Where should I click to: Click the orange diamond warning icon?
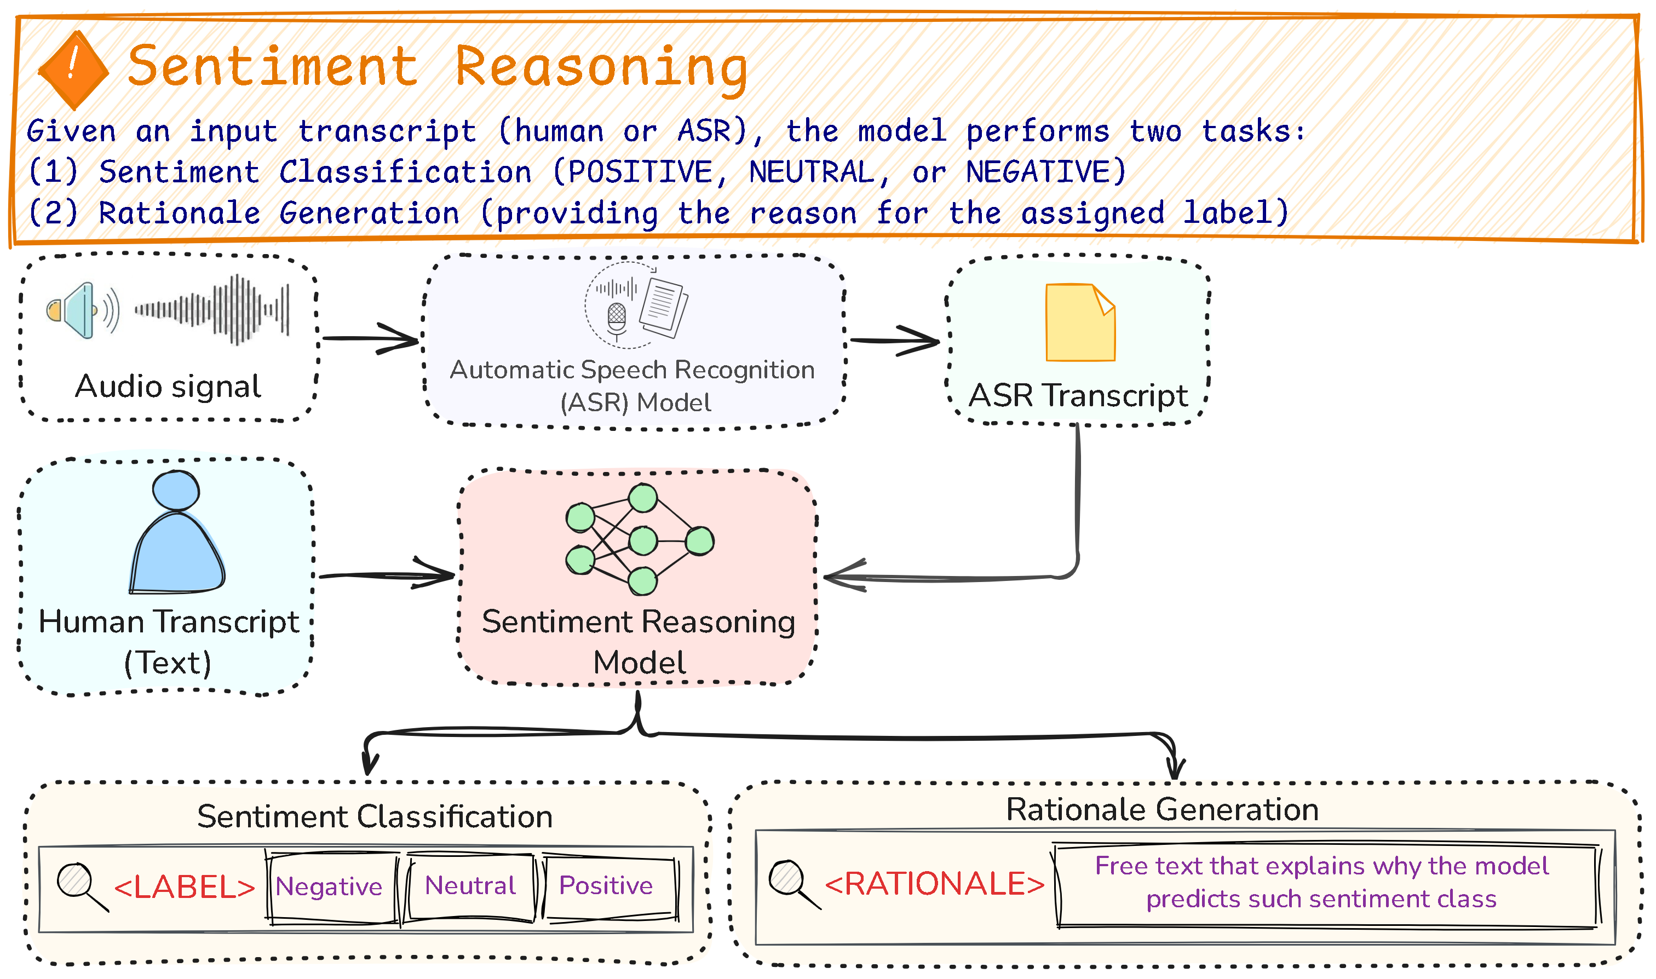click(73, 70)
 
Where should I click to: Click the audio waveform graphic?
click(212, 309)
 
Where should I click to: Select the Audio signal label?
click(168, 387)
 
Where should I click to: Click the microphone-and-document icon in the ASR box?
click(635, 306)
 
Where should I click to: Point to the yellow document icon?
click(1080, 323)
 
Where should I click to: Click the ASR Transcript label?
click(1078, 396)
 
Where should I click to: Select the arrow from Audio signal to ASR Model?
click(371, 339)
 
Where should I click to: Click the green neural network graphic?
click(639, 539)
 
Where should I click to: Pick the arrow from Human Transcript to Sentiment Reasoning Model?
click(387, 576)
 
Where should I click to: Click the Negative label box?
click(329, 886)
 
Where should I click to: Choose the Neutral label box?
click(470, 886)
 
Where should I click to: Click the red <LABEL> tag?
click(185, 888)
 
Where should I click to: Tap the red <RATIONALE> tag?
click(934, 884)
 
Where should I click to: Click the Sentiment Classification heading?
click(375, 817)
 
